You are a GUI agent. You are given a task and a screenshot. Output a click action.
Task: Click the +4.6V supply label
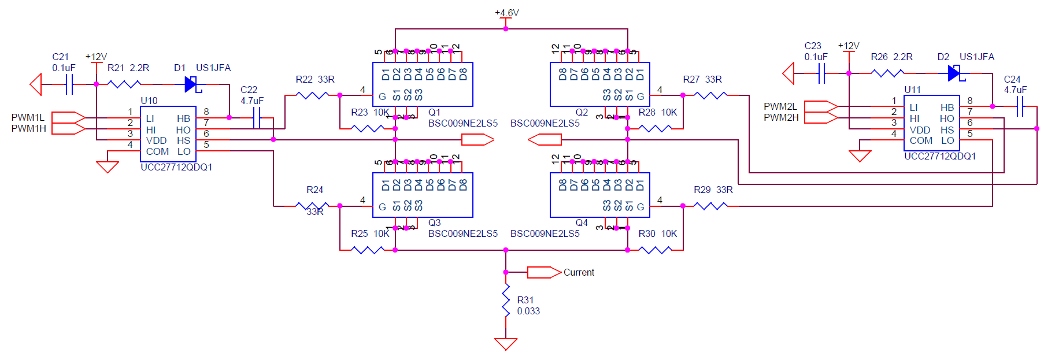click(x=506, y=13)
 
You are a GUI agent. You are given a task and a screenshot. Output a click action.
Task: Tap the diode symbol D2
click(x=954, y=73)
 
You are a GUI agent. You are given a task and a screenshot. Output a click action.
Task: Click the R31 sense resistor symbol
click(x=506, y=300)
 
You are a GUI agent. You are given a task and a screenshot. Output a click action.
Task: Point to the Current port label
click(x=579, y=273)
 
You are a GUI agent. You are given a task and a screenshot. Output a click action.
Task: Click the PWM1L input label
click(x=28, y=118)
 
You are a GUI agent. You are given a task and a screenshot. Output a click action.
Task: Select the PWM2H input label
click(x=781, y=118)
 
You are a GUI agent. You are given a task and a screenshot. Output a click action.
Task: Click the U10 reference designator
click(x=149, y=101)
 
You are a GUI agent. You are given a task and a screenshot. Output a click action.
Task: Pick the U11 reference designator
click(x=912, y=90)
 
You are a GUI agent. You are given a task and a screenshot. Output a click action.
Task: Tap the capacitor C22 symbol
click(x=257, y=118)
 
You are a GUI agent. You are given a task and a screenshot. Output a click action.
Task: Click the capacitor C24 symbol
click(x=1020, y=106)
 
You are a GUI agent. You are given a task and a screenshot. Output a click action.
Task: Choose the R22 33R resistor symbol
click(x=312, y=95)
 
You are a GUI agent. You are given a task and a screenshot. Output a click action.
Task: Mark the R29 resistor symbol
click(x=711, y=206)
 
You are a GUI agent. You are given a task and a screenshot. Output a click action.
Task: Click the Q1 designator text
click(x=434, y=112)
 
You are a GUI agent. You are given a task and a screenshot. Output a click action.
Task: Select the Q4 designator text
click(x=582, y=223)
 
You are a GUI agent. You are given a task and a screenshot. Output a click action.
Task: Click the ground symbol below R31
click(x=506, y=343)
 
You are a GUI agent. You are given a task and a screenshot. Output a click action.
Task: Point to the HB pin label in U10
click(x=183, y=118)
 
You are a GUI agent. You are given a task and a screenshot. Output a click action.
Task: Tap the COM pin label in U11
click(x=921, y=140)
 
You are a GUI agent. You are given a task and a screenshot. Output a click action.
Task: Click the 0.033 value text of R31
click(x=528, y=311)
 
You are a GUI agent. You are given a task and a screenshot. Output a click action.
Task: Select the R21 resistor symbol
click(x=124, y=84)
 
